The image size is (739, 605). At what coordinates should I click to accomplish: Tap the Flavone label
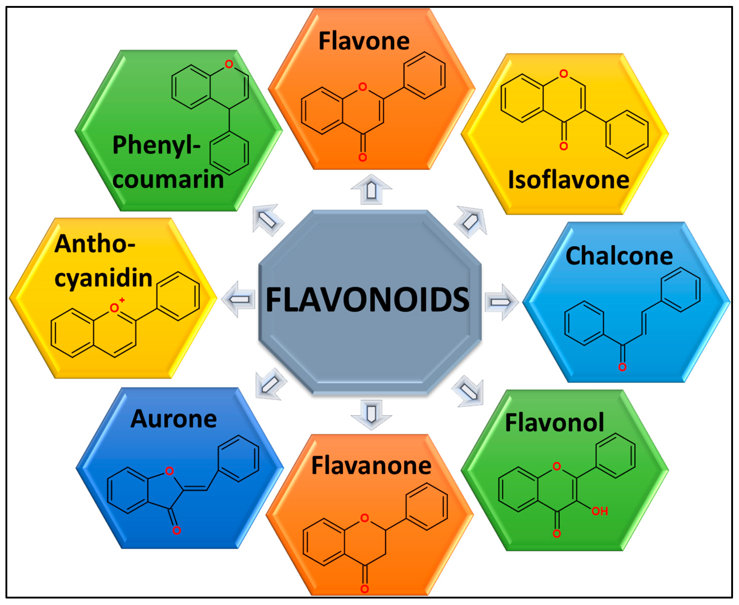364,41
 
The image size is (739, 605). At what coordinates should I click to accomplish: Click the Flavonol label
554,422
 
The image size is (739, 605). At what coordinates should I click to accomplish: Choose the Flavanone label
371,466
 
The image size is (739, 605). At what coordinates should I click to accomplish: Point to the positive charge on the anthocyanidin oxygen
122,300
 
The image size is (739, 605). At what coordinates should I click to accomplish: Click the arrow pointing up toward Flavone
371,189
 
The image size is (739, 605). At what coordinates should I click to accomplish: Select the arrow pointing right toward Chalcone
501,302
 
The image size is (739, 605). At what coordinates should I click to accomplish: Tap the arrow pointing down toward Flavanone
371,414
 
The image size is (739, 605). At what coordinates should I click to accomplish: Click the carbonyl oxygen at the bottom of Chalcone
622,367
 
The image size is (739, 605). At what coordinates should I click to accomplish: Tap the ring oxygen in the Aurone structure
169,471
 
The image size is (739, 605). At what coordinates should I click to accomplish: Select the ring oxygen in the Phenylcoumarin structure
229,64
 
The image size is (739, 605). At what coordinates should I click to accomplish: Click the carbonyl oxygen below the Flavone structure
362,157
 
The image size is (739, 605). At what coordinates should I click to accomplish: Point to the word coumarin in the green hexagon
168,180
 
